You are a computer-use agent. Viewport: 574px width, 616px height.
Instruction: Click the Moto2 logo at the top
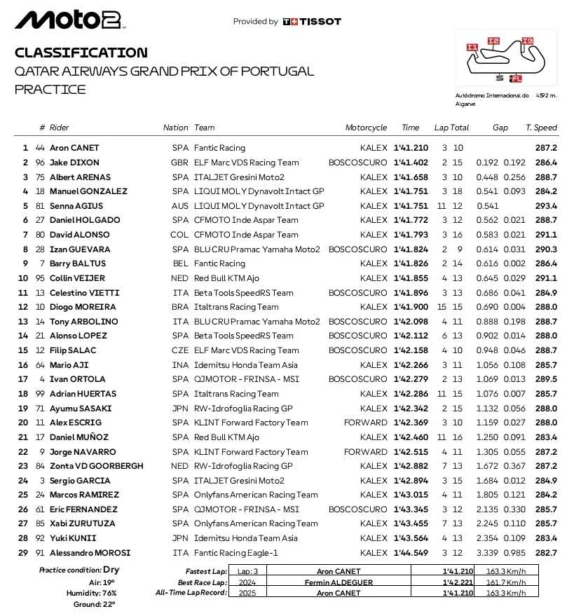tap(69, 20)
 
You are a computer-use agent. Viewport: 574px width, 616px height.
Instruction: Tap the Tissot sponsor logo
tap(312, 22)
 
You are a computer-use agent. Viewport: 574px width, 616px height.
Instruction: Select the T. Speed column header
tap(541, 128)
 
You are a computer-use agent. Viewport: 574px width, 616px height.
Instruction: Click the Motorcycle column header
tap(366, 128)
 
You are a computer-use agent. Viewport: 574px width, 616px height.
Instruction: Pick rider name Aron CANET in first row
tap(74, 148)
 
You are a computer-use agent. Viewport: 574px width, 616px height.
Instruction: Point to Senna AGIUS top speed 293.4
tap(545, 206)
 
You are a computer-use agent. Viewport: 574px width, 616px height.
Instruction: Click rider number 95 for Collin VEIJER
tap(40, 278)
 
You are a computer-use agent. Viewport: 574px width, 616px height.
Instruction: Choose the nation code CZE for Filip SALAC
tap(180, 350)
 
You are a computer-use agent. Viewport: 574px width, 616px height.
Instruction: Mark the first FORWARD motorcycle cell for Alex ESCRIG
tap(365, 423)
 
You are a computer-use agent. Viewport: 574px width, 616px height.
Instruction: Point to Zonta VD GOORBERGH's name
tap(96, 466)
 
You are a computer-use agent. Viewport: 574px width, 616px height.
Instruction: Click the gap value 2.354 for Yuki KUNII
tap(487, 538)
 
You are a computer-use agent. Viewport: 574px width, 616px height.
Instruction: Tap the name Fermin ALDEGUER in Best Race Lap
tap(338, 582)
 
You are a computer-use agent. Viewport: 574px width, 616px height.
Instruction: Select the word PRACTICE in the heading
tap(50, 90)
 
